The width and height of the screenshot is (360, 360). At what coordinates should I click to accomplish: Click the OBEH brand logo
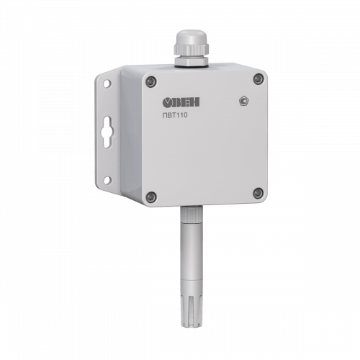[x=181, y=102]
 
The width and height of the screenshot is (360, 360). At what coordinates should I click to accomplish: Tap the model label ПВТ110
[x=175, y=115]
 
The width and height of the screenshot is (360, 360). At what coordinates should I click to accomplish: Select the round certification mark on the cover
[x=243, y=101]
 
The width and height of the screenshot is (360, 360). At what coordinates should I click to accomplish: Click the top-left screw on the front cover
[x=151, y=81]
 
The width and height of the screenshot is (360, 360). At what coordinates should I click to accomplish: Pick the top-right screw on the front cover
[x=258, y=79]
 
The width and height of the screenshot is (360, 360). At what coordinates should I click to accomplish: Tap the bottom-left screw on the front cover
[x=151, y=197]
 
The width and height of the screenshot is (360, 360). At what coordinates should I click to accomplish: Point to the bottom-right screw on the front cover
[x=258, y=193]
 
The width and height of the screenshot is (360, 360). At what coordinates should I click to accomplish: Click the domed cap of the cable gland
[x=190, y=37]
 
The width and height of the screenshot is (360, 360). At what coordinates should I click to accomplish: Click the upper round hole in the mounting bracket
[x=107, y=84]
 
